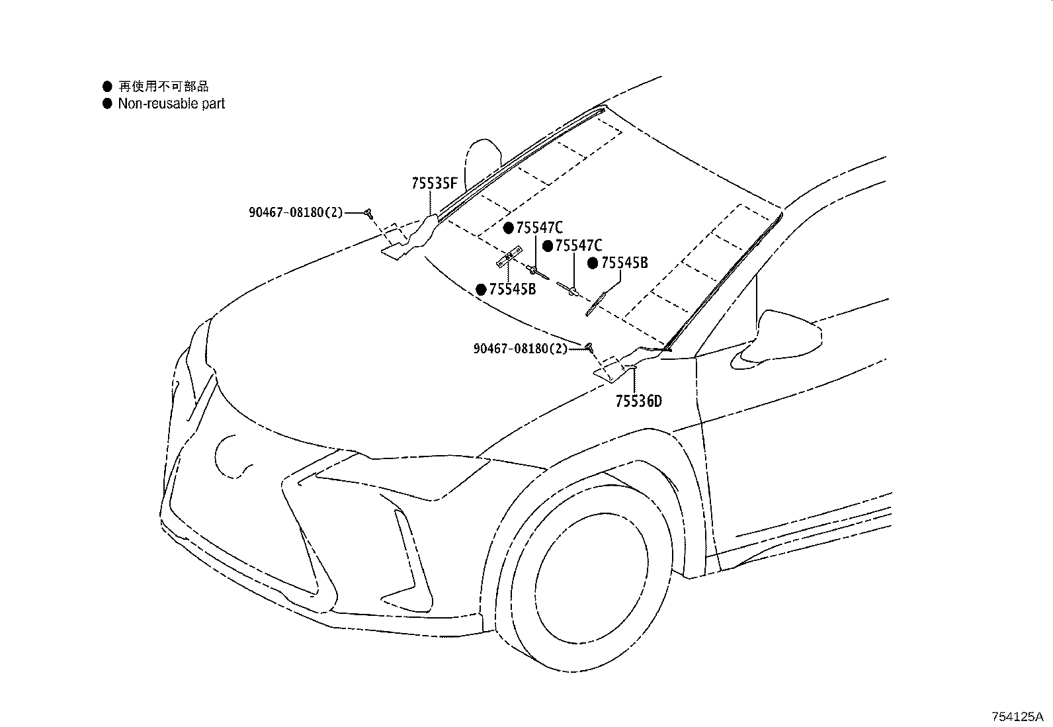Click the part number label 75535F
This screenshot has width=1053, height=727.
coord(434,183)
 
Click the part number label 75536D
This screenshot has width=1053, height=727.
coord(638,401)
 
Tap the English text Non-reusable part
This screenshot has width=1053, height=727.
coord(171,103)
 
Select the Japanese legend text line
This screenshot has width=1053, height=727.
coord(163,86)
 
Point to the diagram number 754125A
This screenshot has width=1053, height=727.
coord(1017,716)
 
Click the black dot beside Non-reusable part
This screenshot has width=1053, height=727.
coord(107,103)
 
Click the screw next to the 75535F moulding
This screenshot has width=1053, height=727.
coord(370,214)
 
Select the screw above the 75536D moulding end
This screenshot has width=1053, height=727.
coord(589,348)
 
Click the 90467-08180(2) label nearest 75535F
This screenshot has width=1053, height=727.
coord(296,212)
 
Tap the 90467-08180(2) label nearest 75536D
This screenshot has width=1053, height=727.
coord(521,349)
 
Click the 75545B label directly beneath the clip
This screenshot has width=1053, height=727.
coord(513,289)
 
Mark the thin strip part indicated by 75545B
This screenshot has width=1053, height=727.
coord(595,304)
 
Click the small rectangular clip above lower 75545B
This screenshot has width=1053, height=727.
coord(509,257)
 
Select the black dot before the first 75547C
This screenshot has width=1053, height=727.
coord(509,228)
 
